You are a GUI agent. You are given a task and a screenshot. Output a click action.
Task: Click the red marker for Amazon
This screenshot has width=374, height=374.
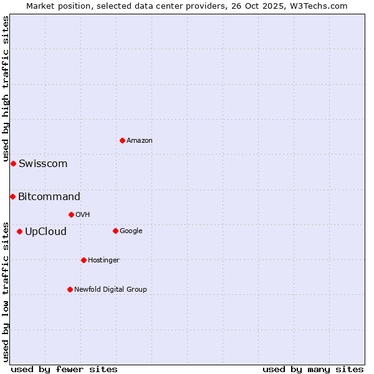click(122, 140)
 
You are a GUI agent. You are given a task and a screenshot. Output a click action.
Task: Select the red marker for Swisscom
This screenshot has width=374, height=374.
click(13, 163)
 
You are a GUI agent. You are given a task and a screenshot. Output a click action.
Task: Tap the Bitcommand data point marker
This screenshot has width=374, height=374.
click(12, 196)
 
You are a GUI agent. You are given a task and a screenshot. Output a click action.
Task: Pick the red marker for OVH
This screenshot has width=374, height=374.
click(71, 214)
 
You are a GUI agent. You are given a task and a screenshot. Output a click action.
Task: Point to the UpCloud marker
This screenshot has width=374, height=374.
click(19, 231)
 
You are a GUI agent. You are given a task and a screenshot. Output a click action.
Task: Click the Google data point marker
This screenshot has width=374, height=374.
click(115, 231)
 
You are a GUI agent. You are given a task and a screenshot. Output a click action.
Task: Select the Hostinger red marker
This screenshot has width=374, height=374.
click(84, 260)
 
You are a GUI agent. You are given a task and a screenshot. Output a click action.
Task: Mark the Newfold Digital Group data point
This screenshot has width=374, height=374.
click(70, 289)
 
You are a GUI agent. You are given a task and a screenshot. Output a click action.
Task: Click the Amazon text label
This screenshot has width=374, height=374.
click(140, 141)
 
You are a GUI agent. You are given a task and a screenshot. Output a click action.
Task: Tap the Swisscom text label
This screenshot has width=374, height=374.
click(43, 164)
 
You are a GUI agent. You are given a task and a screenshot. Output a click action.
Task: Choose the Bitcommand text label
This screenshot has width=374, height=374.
click(49, 197)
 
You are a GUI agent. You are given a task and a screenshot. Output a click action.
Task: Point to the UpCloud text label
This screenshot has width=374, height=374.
click(46, 232)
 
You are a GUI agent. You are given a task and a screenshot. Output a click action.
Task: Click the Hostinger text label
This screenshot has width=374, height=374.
click(103, 261)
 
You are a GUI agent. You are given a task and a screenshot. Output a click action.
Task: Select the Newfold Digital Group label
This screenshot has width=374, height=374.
click(110, 289)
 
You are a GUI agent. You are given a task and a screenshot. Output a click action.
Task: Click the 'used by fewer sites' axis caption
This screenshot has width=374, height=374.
click(64, 369)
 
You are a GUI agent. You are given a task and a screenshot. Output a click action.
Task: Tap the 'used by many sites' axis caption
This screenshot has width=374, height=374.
click(313, 369)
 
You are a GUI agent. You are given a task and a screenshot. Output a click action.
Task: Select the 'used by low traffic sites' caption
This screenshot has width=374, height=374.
click(6, 292)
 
